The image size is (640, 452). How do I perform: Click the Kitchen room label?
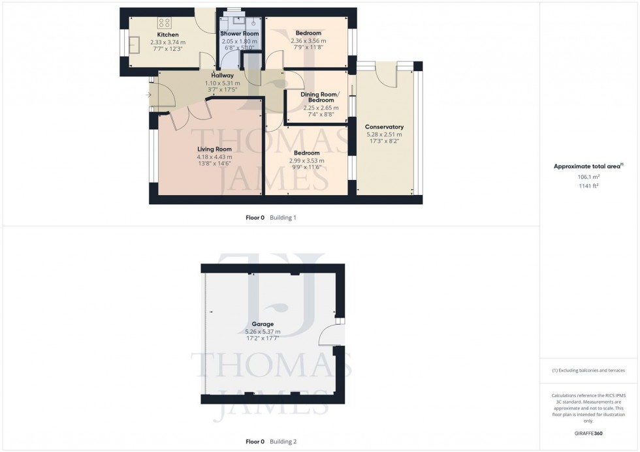(167, 35)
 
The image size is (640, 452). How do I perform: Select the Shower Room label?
(239, 33)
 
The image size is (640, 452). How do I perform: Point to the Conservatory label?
(384, 127)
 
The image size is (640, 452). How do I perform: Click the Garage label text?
(263, 324)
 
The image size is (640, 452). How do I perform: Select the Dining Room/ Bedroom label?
(319, 97)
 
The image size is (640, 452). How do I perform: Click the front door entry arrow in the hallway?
(151, 95)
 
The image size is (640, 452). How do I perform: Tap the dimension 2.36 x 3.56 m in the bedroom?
(308, 41)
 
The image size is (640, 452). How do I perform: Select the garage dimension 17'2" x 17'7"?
(263, 338)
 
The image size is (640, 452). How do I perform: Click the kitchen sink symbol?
(136, 45)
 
